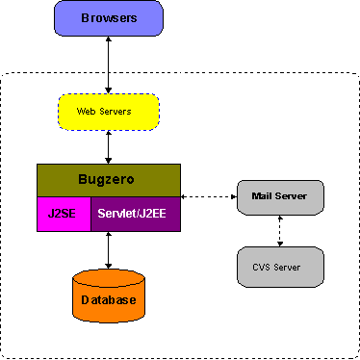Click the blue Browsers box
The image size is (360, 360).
(x=108, y=18)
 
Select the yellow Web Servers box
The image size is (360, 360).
(x=108, y=112)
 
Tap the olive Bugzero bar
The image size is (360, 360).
(x=108, y=179)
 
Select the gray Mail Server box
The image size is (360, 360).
(x=279, y=196)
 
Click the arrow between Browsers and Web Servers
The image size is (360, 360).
(x=108, y=64)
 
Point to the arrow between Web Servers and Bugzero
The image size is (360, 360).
(x=108, y=147)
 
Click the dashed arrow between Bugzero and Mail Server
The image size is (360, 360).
(x=208, y=196)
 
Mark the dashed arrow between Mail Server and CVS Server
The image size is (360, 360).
(x=280, y=230)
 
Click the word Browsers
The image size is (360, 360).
(x=108, y=18)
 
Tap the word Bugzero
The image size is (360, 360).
(x=108, y=179)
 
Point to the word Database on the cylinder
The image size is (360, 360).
(x=108, y=300)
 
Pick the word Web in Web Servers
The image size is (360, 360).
(x=89, y=112)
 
